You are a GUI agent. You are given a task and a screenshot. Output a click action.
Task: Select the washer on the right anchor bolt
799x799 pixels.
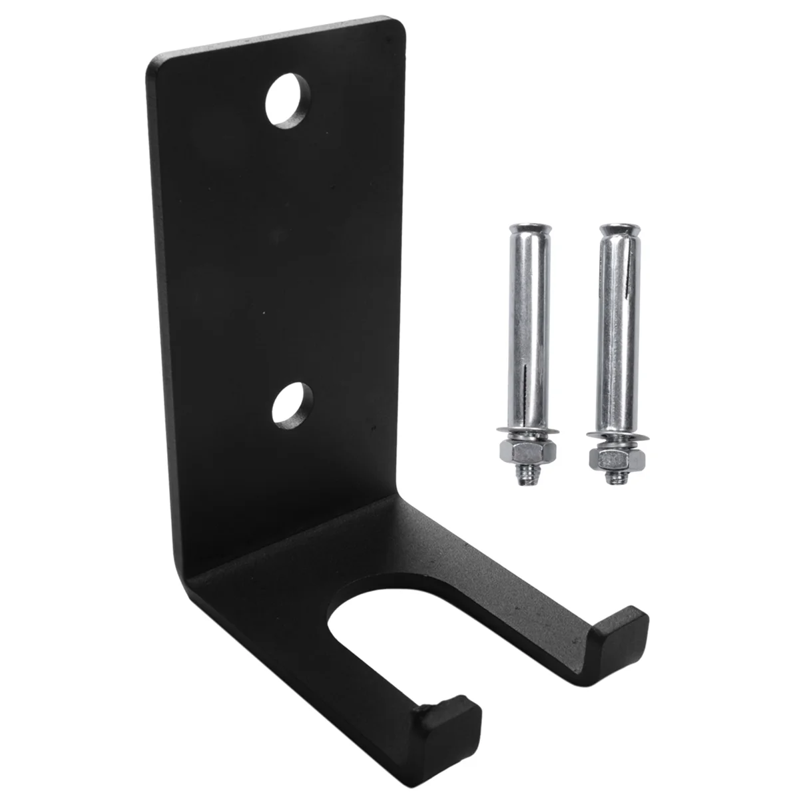pyautogui.click(x=611, y=439)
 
